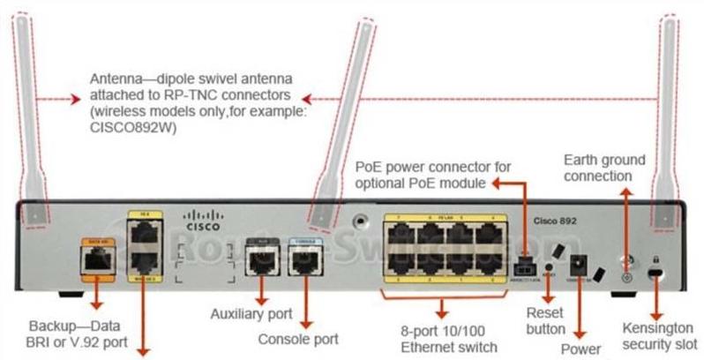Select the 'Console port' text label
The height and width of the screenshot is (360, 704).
[298, 338]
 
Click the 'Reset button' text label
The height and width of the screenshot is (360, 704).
[545, 320]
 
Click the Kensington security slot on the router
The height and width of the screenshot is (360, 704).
[655, 273]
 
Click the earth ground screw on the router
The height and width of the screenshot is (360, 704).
[626, 274]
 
